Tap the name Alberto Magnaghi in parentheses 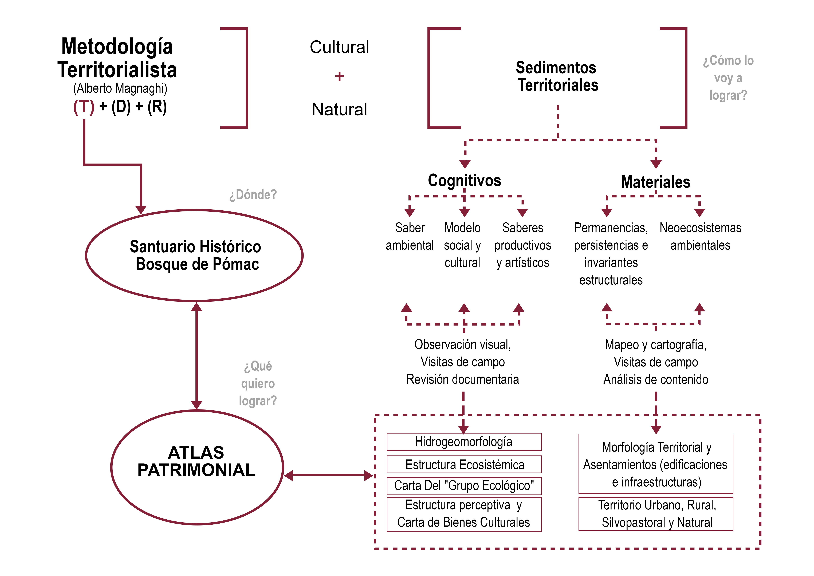point(120,88)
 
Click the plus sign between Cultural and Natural point(339,76)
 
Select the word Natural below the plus point(339,109)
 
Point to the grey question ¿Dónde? point(253,195)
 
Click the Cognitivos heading point(464,180)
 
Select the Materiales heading point(655,182)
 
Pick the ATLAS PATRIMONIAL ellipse point(197,467)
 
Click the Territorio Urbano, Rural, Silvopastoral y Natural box point(656,514)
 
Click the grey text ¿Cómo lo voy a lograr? point(728,78)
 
